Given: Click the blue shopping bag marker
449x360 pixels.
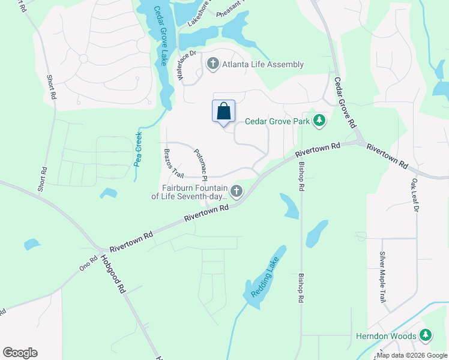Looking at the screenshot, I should click(223, 112).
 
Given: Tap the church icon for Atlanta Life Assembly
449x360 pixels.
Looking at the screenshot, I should click(212, 64).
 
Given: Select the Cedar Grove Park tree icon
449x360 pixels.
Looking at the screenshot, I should click(320, 121).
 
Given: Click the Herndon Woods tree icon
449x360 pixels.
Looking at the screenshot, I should click(426, 335).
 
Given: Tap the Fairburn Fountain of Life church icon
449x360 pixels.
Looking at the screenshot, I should click(237, 191).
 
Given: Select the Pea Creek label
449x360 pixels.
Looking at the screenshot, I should click(137, 148).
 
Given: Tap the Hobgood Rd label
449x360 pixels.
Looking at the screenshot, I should click(116, 275).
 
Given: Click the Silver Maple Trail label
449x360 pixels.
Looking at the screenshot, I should click(382, 277).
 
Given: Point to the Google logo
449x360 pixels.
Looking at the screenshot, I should click(20, 352).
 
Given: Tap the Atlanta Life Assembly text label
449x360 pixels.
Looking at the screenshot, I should click(263, 65).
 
